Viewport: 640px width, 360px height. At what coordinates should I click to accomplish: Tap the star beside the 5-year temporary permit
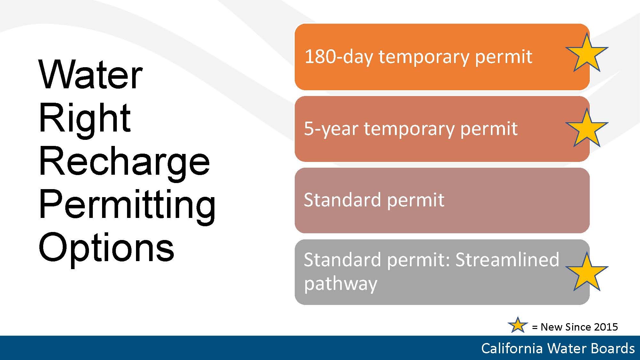[587, 129]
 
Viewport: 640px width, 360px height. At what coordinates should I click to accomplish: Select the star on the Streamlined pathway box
[587, 273]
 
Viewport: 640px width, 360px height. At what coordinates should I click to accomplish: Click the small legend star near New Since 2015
[518, 325]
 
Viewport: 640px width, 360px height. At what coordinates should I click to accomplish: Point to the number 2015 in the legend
[605, 327]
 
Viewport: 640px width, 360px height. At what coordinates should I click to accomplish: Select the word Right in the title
[84, 119]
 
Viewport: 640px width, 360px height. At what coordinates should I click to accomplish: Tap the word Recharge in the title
[124, 162]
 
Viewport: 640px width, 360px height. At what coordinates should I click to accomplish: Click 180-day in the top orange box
[339, 57]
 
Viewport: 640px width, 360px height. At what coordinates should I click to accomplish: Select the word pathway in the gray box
[341, 284]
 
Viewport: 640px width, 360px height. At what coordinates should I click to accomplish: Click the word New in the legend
[551, 327]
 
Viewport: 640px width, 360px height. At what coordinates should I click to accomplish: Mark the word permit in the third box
[416, 200]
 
